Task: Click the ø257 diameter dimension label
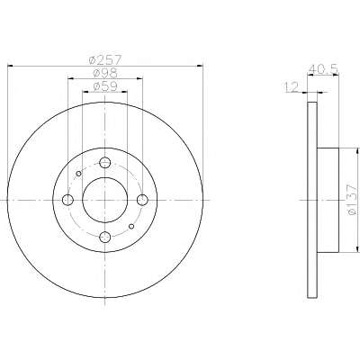coord(105,60)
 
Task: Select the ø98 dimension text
coord(105,74)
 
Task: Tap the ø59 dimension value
coord(105,86)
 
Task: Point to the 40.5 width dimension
coord(323,69)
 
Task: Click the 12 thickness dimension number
coord(291,88)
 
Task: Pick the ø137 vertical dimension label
coord(353,200)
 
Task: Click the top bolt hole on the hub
coord(105,163)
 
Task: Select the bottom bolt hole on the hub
coord(105,238)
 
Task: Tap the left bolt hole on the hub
coord(67,200)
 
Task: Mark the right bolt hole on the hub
coord(142,200)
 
